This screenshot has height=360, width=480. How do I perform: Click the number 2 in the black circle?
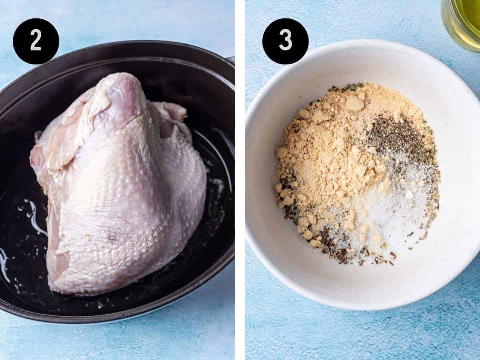pos(36,41)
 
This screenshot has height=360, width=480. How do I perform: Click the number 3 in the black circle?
pos(286,41)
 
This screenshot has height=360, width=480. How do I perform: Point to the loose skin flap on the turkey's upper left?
pos(72,122)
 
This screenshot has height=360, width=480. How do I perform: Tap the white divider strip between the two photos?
pos(240,180)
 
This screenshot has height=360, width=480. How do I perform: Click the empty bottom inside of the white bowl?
pos(350,280)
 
